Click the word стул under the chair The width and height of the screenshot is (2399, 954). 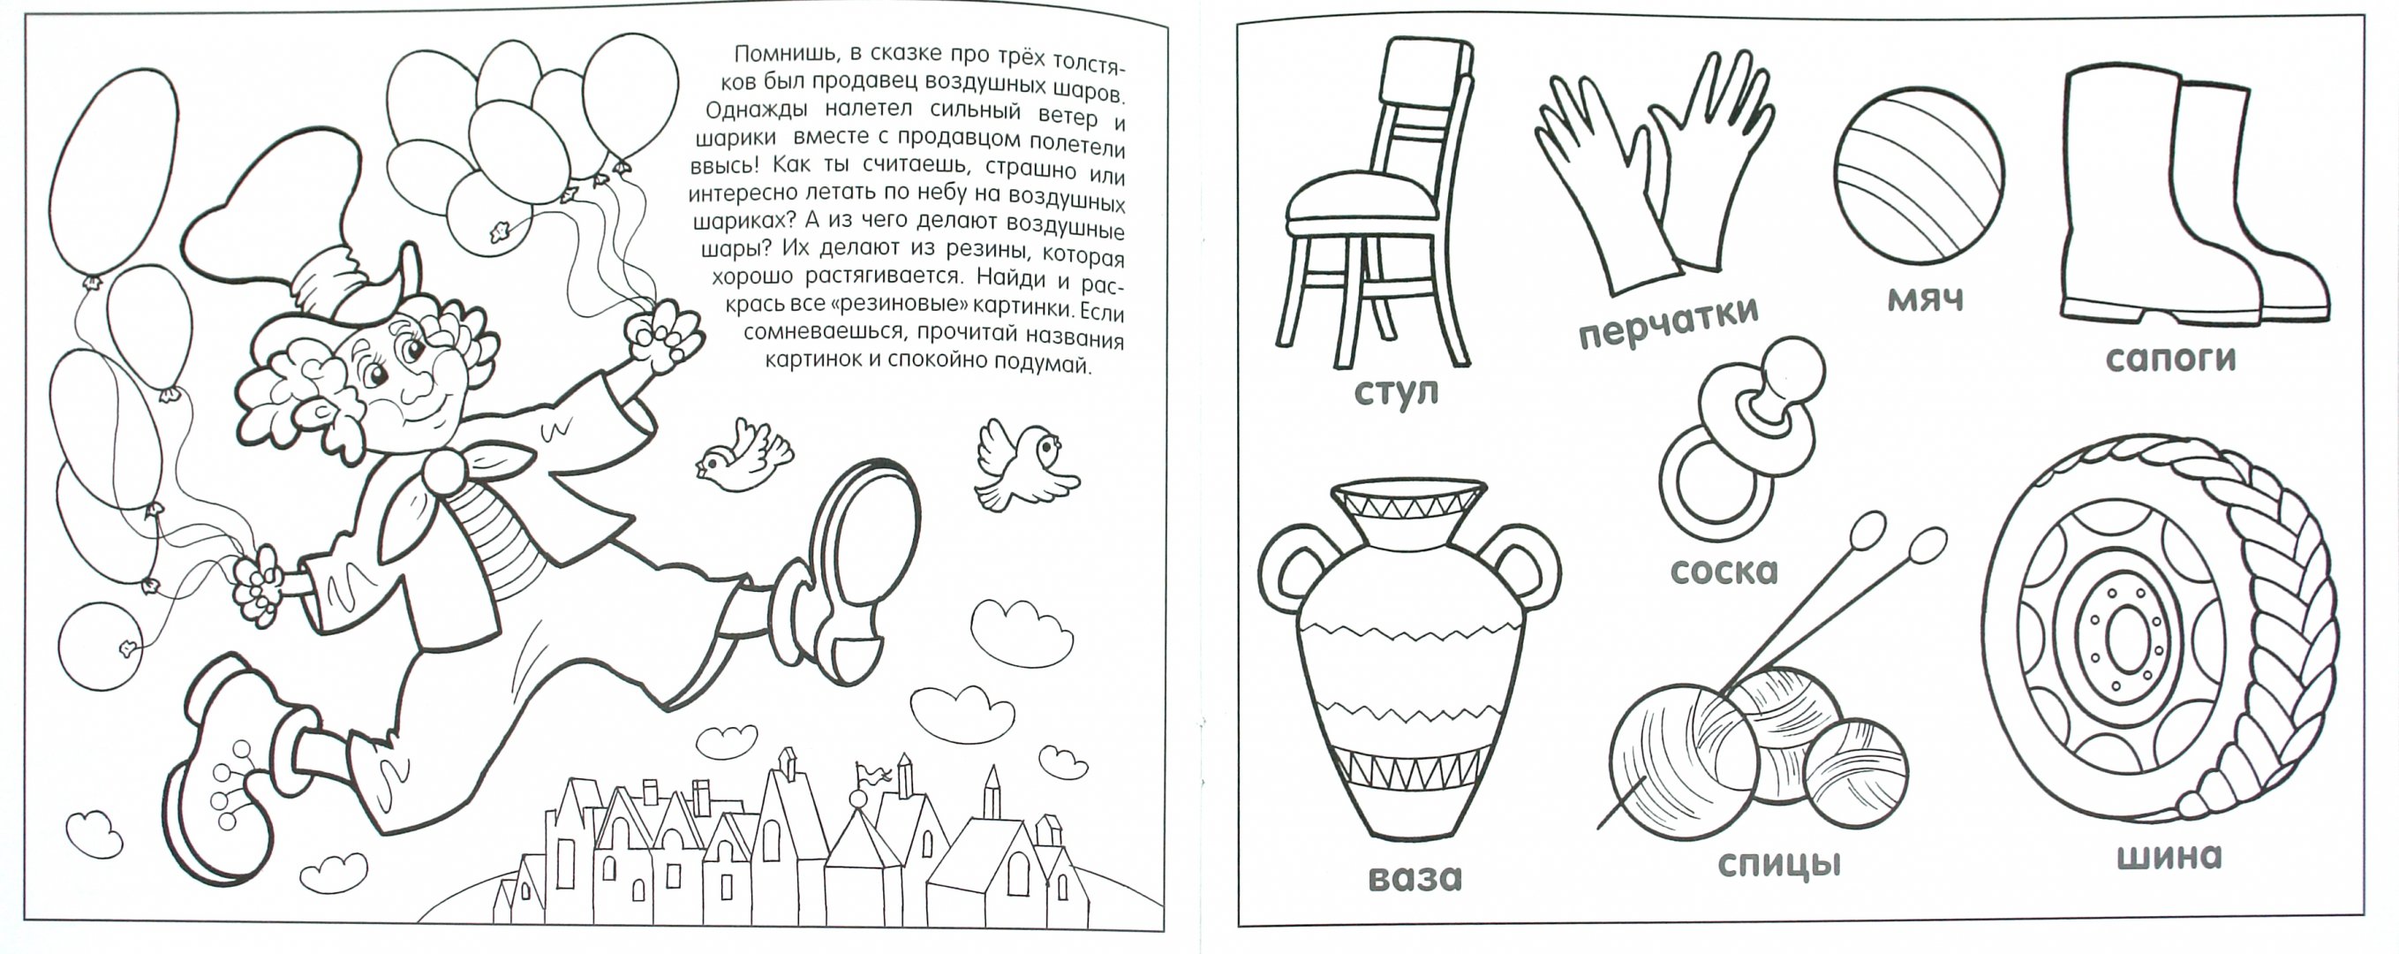[1397, 391]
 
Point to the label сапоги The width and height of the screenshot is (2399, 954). [2171, 359]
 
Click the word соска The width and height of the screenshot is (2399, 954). [1724, 570]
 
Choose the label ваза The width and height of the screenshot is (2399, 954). [1415, 878]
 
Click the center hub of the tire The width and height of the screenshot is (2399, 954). [2124, 642]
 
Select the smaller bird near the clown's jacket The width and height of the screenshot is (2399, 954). [743, 457]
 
